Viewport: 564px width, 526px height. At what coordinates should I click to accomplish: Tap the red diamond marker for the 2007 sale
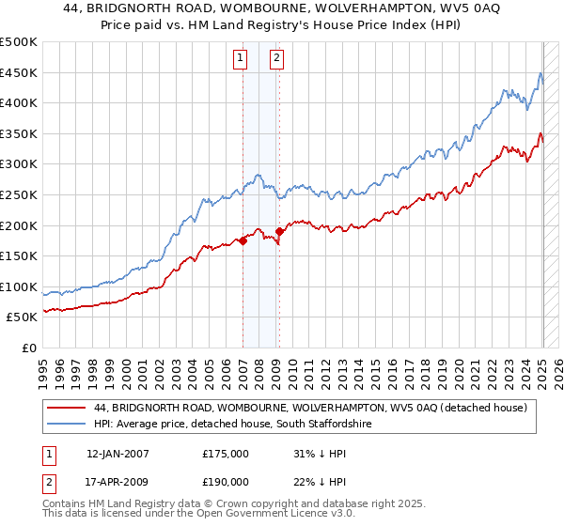[243, 240]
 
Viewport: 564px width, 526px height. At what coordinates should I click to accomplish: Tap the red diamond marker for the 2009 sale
[280, 231]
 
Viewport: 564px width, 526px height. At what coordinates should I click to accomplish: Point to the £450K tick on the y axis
[20, 72]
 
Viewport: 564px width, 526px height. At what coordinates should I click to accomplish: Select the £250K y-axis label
[20, 194]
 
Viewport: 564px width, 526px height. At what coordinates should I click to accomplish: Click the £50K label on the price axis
[23, 317]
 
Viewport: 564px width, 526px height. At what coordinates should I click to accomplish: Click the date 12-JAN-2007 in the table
[117, 453]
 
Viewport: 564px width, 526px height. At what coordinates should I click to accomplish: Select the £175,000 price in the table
[225, 453]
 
